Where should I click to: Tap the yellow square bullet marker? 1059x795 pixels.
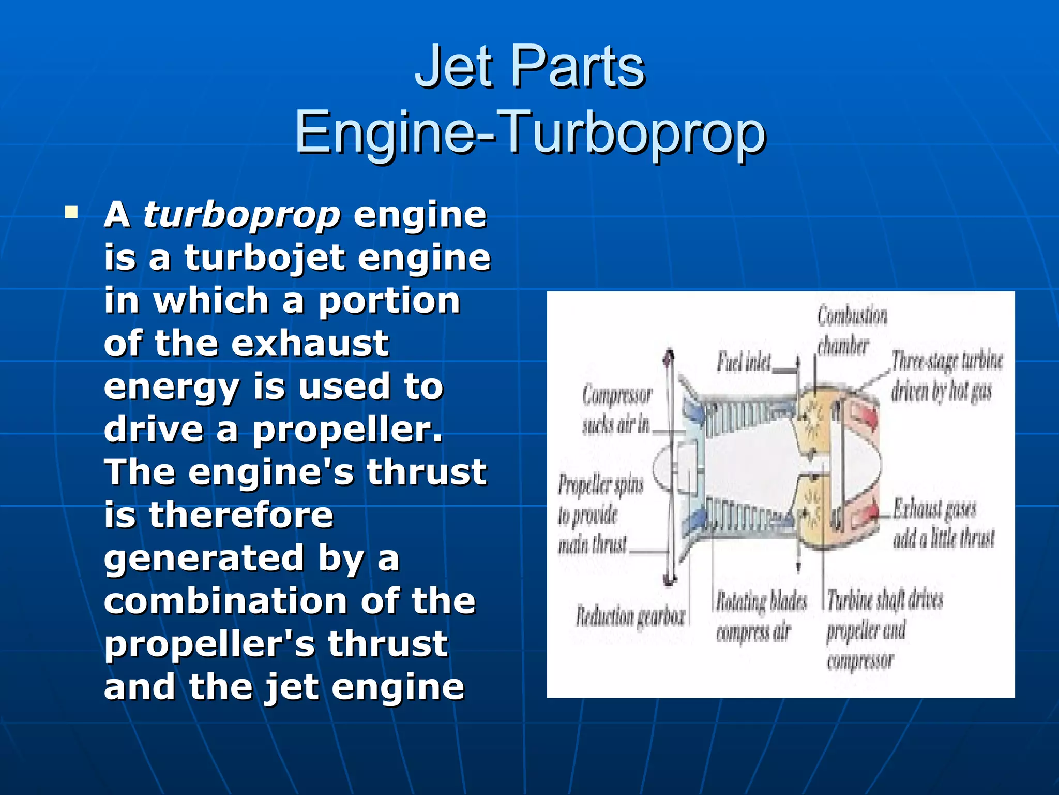tap(71, 213)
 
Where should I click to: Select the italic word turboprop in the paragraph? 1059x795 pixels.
tap(241, 215)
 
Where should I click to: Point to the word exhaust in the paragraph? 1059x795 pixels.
tap(309, 344)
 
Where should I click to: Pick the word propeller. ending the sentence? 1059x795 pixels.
tap(347, 430)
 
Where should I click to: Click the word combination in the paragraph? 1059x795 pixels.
tap(225, 601)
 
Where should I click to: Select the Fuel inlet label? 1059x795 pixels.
tap(744, 362)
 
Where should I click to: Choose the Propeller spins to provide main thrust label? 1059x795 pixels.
tap(600, 515)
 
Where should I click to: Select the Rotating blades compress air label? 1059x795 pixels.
tap(760, 616)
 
